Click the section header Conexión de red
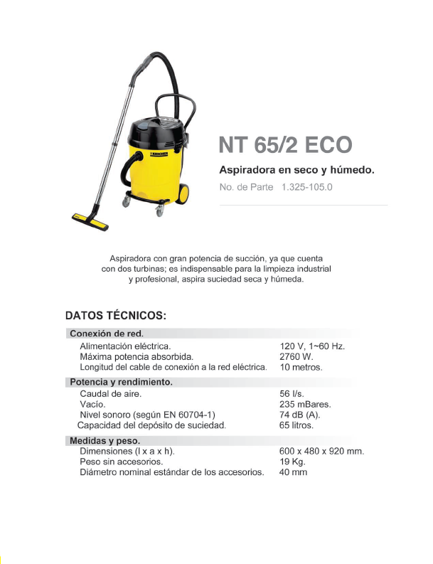(x=106, y=334)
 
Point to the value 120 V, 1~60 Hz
(x=312, y=346)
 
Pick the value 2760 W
(x=296, y=356)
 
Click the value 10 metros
(x=301, y=368)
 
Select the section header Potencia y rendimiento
(x=120, y=382)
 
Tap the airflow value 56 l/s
(x=293, y=393)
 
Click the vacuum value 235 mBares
(x=306, y=404)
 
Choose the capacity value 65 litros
(x=296, y=425)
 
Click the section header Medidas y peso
(x=102, y=441)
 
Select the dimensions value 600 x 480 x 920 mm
(x=322, y=452)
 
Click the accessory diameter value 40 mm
(x=294, y=472)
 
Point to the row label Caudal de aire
(x=110, y=393)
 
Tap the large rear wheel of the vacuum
(x=183, y=193)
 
